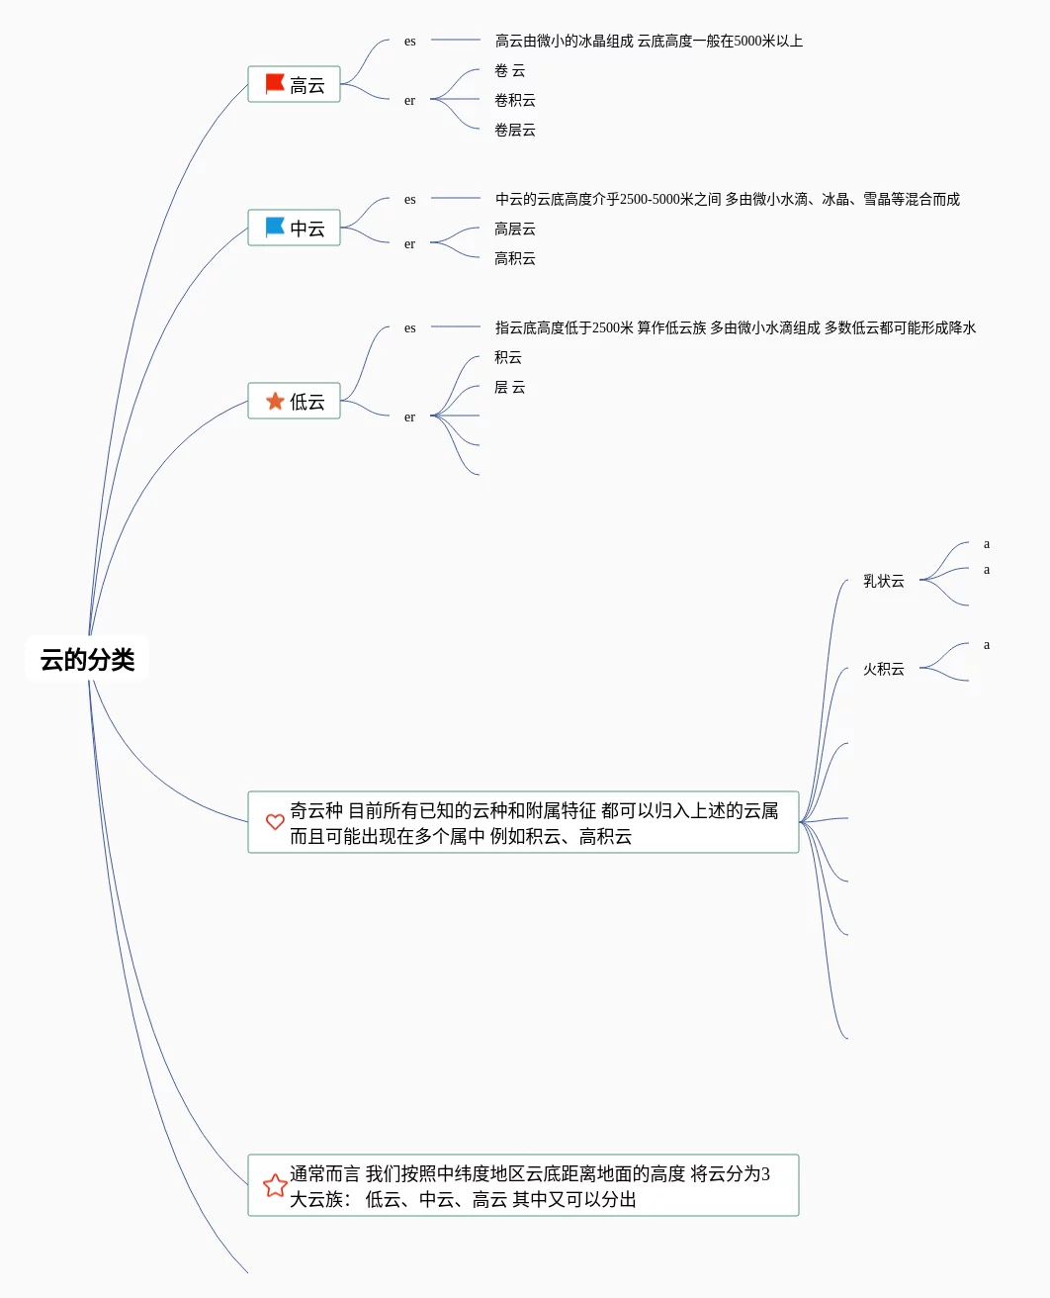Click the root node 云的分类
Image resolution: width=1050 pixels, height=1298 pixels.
pyautogui.click(x=87, y=660)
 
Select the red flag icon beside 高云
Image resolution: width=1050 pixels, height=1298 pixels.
pyautogui.click(x=275, y=84)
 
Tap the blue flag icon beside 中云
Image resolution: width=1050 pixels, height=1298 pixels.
pyautogui.click(x=275, y=228)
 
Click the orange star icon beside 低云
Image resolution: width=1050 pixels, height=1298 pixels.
pyautogui.click(x=275, y=401)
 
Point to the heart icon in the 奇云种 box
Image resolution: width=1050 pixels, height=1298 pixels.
pyautogui.click(x=275, y=822)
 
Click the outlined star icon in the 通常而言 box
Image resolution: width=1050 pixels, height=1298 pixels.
pyautogui.click(x=275, y=1185)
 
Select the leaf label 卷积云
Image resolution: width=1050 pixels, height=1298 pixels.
pyautogui.click(x=514, y=100)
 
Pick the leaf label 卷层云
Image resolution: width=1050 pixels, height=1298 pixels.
pyautogui.click(x=514, y=130)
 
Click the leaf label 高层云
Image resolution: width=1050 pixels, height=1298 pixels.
pyautogui.click(x=514, y=229)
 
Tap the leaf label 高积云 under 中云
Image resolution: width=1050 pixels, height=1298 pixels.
pyautogui.click(x=514, y=258)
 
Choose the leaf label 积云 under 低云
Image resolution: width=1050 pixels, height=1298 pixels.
pyautogui.click(x=507, y=357)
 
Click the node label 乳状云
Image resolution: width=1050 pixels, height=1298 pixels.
pyautogui.click(x=883, y=581)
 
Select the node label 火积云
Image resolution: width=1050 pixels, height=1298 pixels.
pyautogui.click(x=883, y=669)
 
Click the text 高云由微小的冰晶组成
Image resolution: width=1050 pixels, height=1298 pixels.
pyautogui.click(x=564, y=41)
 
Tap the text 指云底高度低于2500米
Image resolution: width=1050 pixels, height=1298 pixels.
pyautogui.click(x=564, y=327)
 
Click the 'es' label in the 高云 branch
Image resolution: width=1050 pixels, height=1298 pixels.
pyautogui.click(x=409, y=41)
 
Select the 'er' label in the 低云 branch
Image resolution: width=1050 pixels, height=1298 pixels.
pyautogui.click(x=409, y=417)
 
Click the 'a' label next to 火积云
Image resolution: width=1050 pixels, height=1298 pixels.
pyautogui.click(x=986, y=644)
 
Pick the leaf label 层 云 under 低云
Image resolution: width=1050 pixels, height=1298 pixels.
pyautogui.click(x=509, y=387)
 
